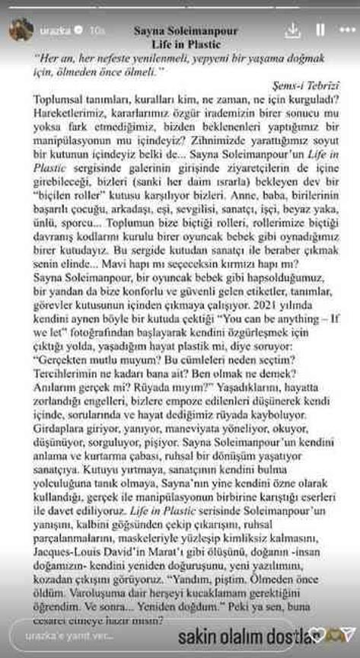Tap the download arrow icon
(292, 30)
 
